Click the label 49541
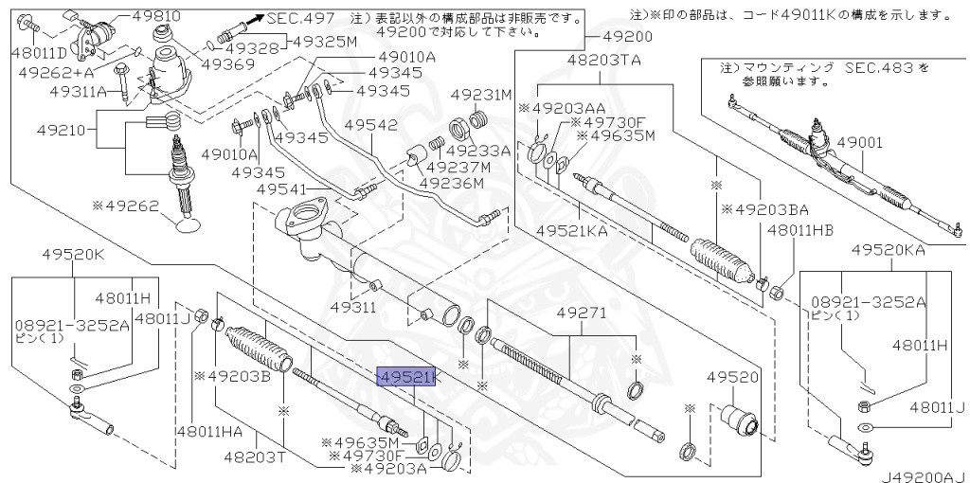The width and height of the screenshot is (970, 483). click(x=282, y=188)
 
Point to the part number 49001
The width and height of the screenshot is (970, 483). click(x=877, y=142)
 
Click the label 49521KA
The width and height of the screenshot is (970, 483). click(x=572, y=230)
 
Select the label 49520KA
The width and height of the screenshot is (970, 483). click(x=888, y=250)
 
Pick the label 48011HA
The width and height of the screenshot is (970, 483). click(x=208, y=432)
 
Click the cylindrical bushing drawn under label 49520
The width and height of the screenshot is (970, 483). click(x=740, y=417)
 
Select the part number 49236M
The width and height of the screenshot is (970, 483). click(x=451, y=183)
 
